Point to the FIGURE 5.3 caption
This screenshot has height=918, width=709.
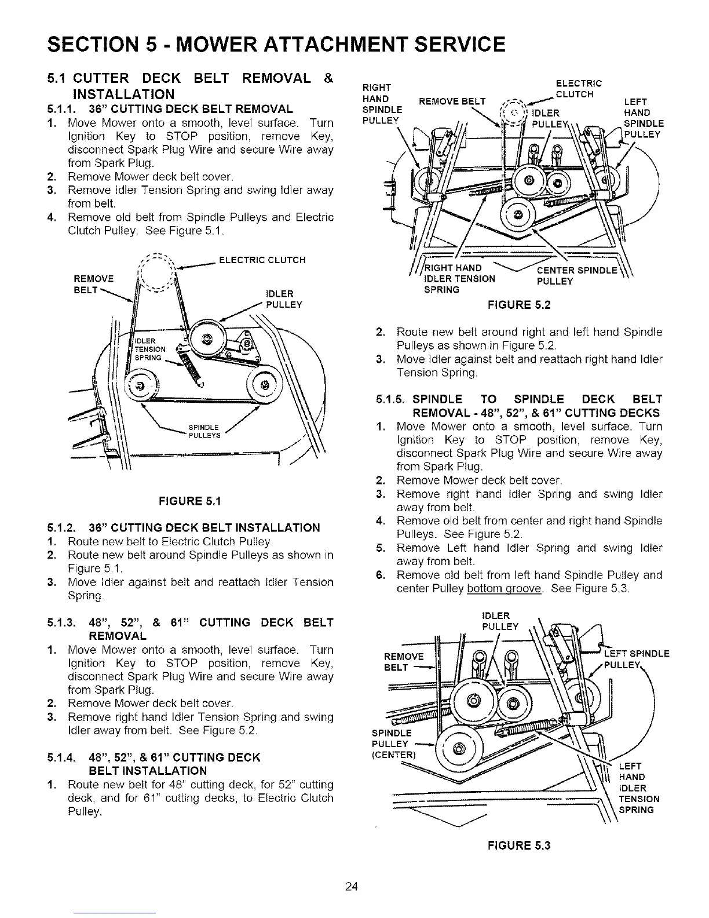(x=520, y=846)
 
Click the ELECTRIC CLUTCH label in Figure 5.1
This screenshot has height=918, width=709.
(x=262, y=260)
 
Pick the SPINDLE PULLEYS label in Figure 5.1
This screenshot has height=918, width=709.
(x=204, y=432)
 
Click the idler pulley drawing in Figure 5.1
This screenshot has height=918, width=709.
(x=206, y=337)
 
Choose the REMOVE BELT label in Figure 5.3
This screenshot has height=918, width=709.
(x=404, y=662)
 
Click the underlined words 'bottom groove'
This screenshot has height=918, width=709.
(x=504, y=589)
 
